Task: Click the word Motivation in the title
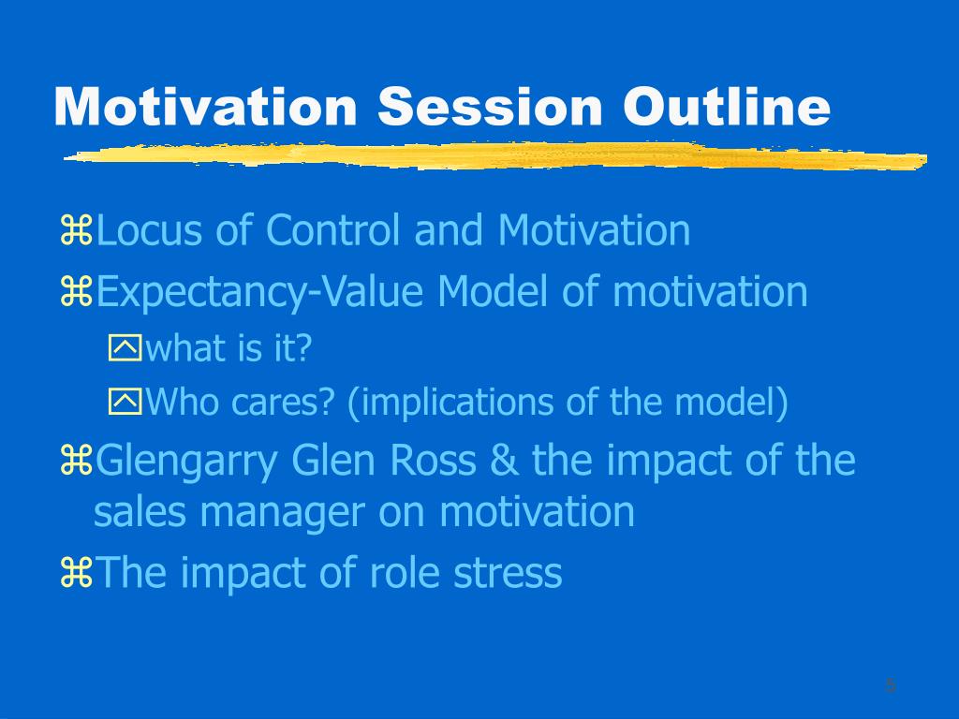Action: [x=205, y=106]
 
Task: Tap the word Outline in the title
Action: [x=727, y=106]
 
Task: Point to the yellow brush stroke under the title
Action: [x=495, y=155]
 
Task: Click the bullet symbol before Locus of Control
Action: [x=77, y=230]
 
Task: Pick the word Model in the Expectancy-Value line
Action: [x=493, y=291]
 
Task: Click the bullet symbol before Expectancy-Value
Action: [x=77, y=292]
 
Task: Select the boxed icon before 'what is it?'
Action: [x=125, y=347]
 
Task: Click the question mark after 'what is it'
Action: [x=304, y=348]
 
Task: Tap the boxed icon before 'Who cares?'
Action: [x=125, y=402]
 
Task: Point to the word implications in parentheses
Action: [x=456, y=404]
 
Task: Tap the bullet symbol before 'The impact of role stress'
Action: [x=77, y=573]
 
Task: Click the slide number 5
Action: [x=891, y=685]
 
